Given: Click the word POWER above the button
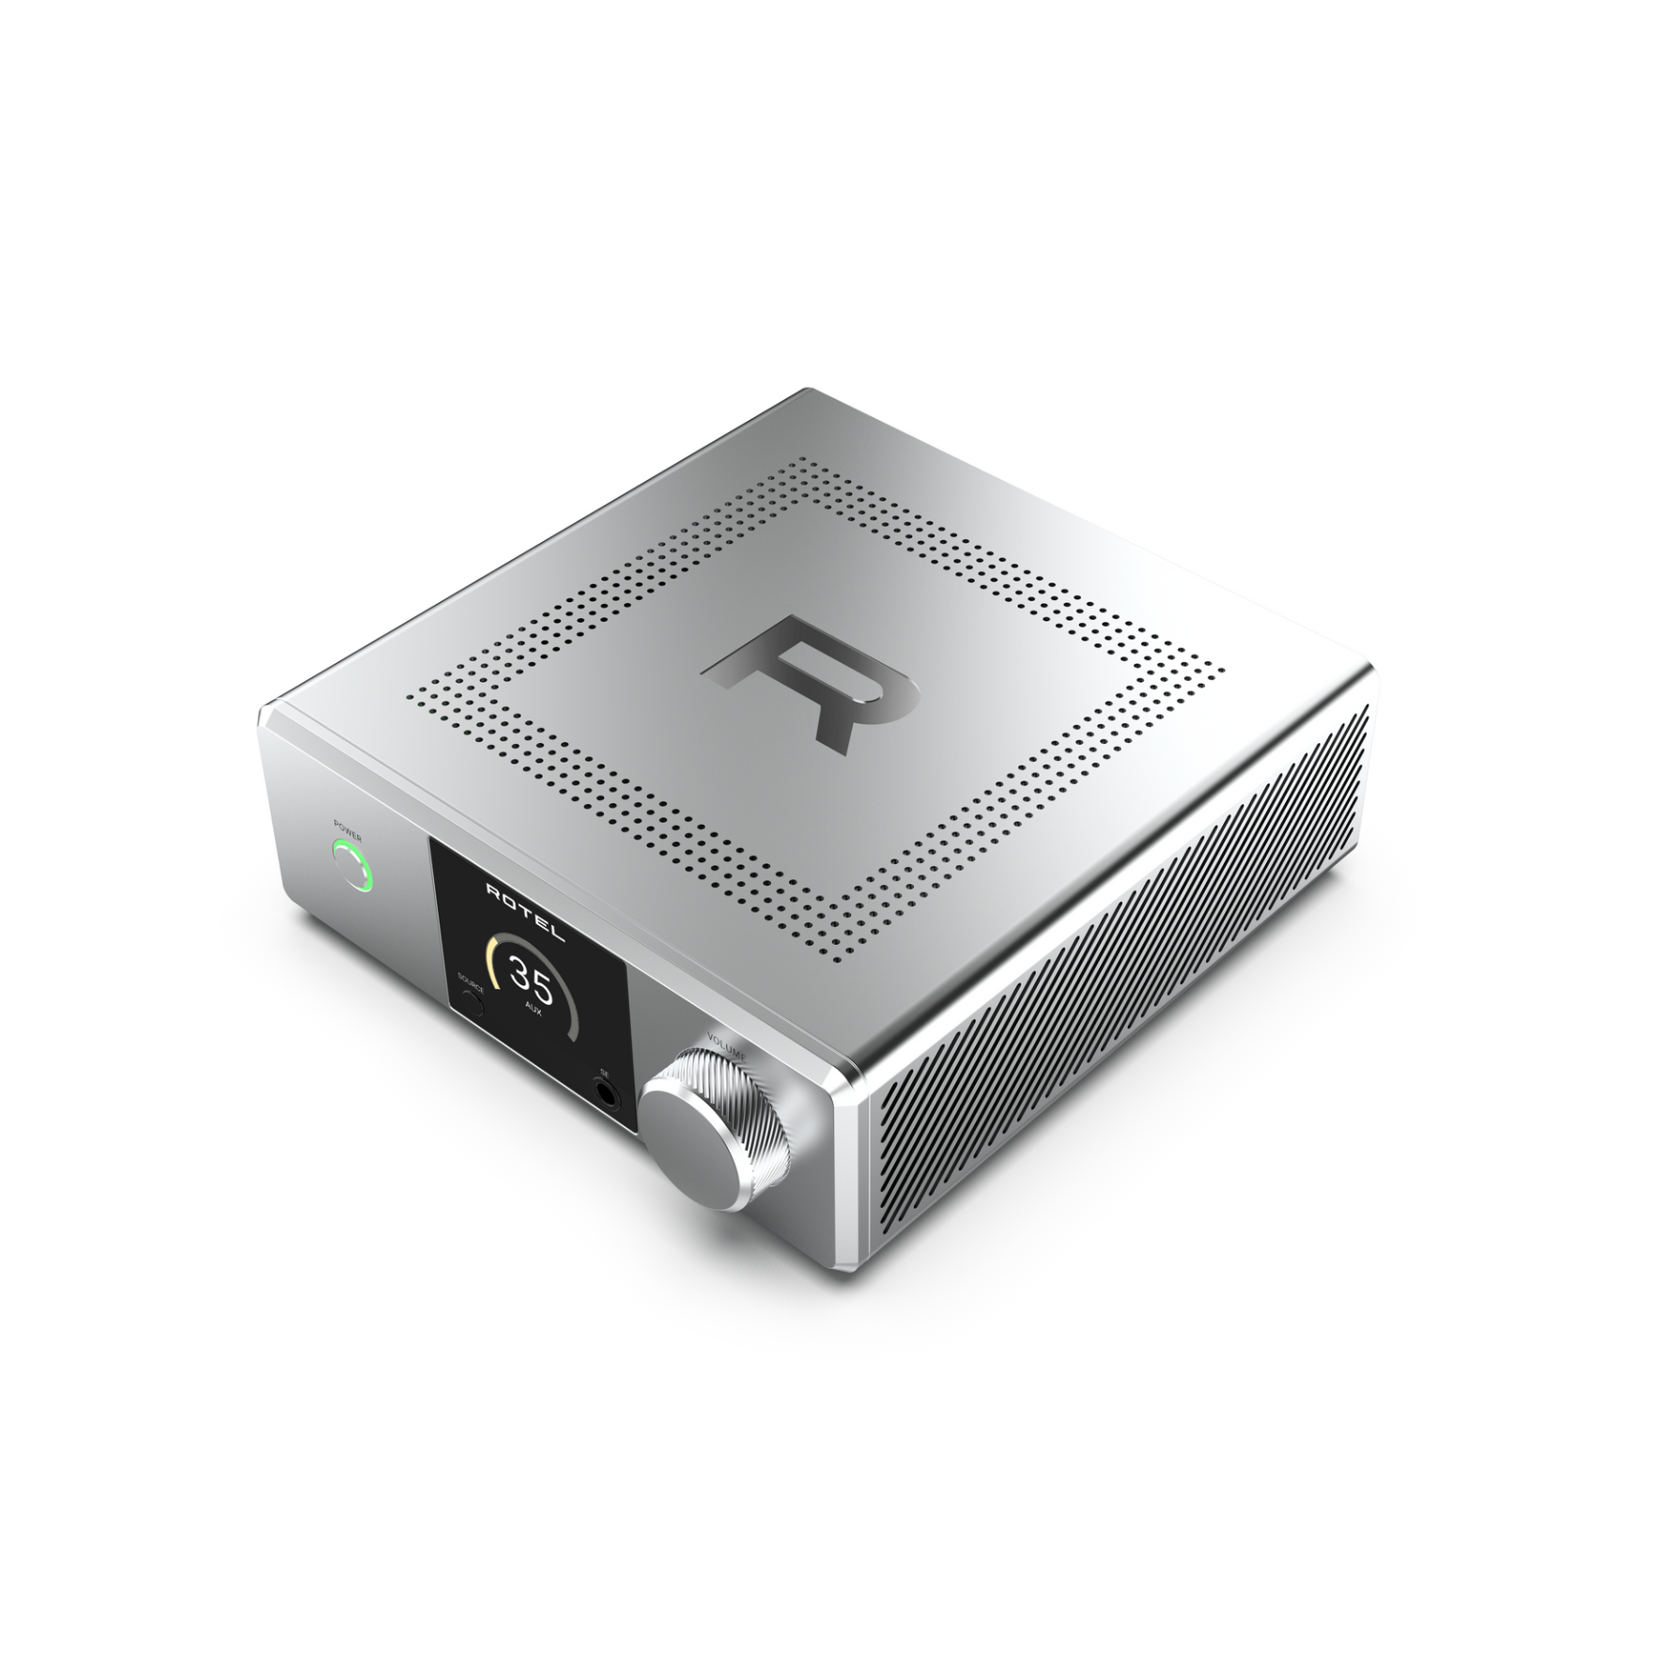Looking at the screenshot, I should click(x=348, y=827).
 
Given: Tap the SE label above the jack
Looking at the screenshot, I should click(x=604, y=1072).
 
